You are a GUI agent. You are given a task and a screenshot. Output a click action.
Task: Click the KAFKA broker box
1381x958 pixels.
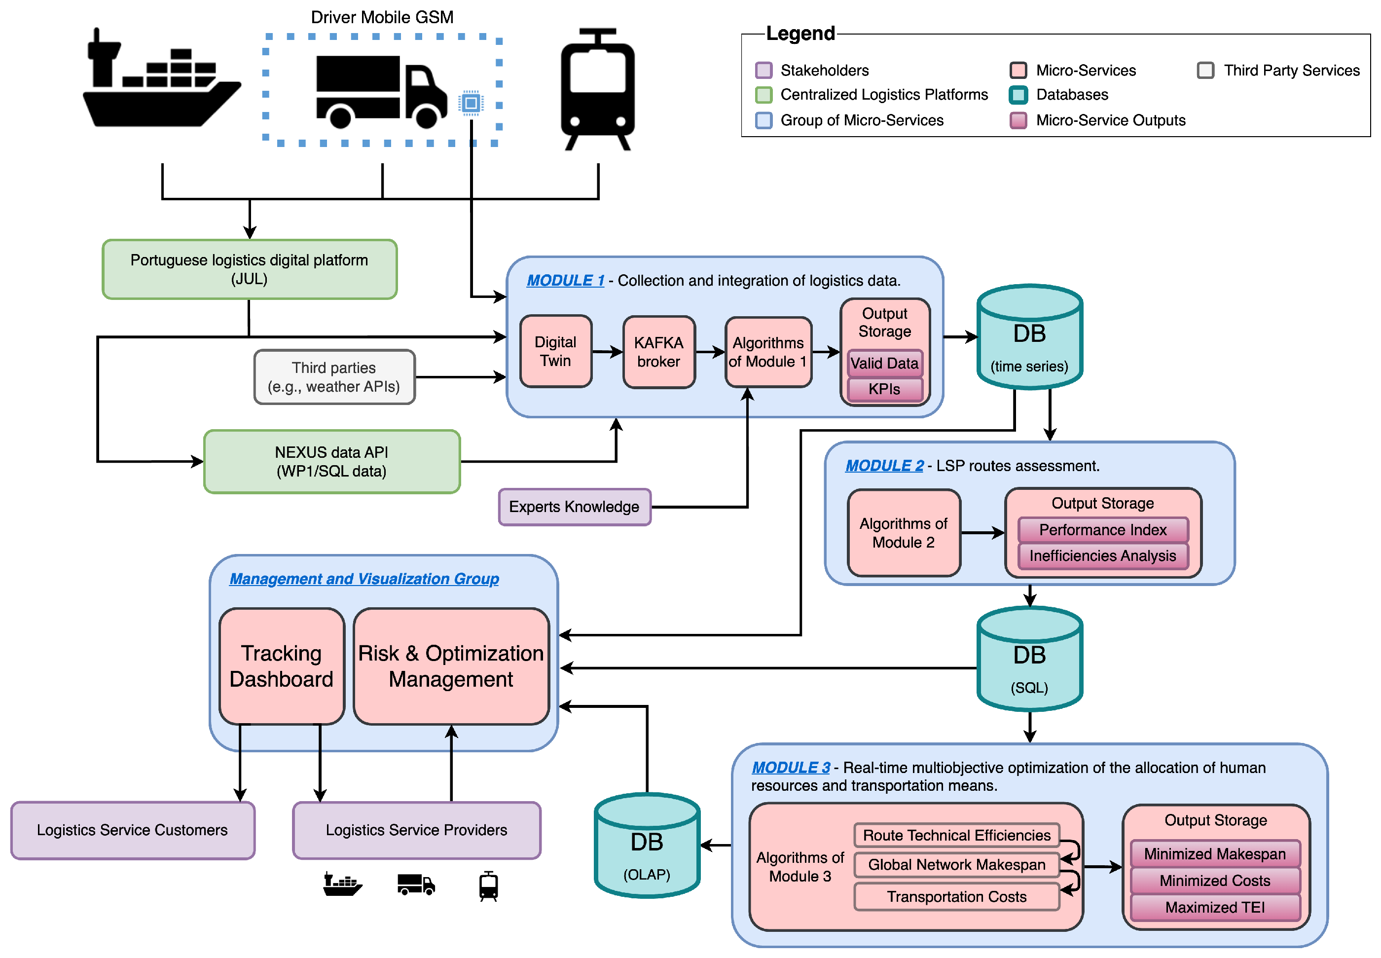pyautogui.click(x=658, y=352)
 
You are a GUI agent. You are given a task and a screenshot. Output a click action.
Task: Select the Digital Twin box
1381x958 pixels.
pyautogui.click(x=555, y=351)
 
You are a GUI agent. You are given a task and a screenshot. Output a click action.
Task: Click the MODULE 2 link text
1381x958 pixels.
pyautogui.click(x=884, y=466)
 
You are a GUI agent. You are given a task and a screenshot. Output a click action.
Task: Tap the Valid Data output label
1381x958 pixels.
pyautogui.click(x=884, y=363)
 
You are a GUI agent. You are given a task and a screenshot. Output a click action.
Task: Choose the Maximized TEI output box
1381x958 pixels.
pyautogui.click(x=1214, y=907)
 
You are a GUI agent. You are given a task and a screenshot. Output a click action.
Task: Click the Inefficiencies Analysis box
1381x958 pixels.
pyautogui.click(x=1102, y=556)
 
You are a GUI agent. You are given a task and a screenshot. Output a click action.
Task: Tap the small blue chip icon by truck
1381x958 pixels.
pyautogui.click(x=471, y=103)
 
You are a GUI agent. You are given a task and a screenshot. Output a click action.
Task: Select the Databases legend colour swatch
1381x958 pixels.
pyautogui.click(x=1018, y=95)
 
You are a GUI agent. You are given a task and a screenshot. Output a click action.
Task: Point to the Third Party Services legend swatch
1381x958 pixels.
pyautogui.click(x=1205, y=70)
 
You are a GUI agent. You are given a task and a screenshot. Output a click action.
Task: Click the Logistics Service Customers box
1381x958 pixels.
pyautogui.click(x=132, y=830)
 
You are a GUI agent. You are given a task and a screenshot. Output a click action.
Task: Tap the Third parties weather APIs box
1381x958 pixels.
pyautogui.click(x=334, y=377)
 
